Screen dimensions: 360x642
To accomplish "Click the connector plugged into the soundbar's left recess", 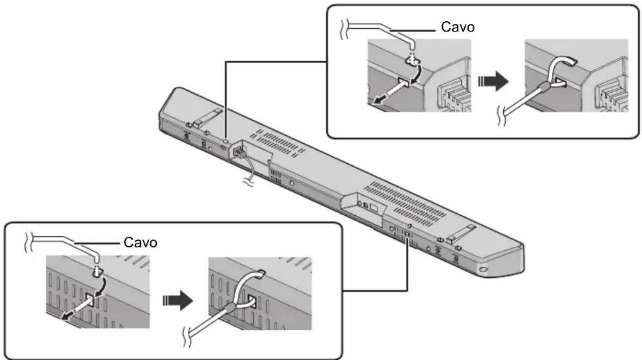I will tap(239, 152).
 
